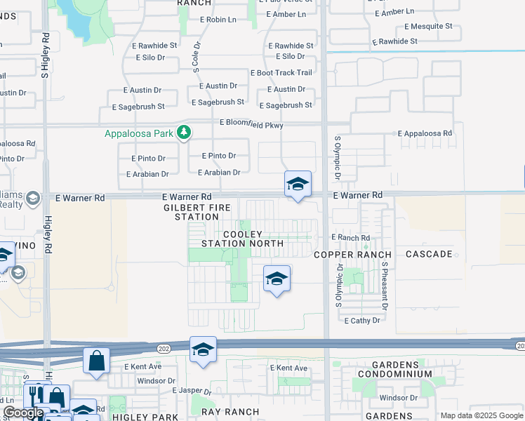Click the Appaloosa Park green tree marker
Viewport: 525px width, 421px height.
(184, 132)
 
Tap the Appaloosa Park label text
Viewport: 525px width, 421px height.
(139, 133)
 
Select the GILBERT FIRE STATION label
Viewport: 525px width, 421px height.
(192, 213)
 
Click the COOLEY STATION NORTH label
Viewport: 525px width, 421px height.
(243, 239)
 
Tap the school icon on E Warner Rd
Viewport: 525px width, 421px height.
(298, 185)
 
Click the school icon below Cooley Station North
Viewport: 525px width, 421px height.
(277, 279)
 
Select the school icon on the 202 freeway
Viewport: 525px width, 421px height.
(203, 349)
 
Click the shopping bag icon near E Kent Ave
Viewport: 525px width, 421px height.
(96, 361)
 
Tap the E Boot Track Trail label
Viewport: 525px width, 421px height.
(281, 73)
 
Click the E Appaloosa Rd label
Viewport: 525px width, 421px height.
(425, 133)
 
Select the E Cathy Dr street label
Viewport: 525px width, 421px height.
(362, 320)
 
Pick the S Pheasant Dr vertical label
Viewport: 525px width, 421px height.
(385, 286)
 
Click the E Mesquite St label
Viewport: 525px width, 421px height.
(428, 27)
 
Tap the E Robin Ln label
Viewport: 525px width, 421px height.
(218, 20)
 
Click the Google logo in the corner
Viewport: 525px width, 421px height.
(23, 413)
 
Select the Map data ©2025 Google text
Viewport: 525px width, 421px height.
(481, 415)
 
